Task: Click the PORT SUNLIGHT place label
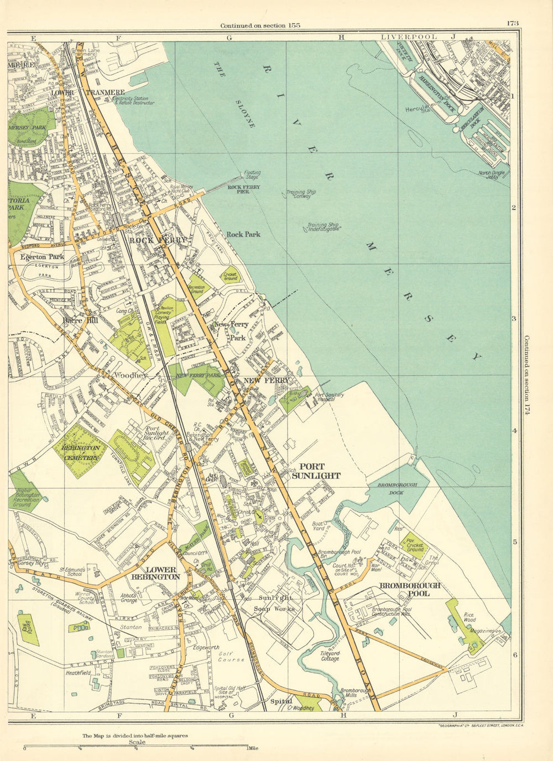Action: click(316, 471)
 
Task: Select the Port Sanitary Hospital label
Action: click(330, 398)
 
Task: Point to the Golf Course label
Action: click(231, 656)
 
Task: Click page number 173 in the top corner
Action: click(511, 23)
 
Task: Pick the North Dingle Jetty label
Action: click(493, 175)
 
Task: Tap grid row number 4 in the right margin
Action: click(514, 431)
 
